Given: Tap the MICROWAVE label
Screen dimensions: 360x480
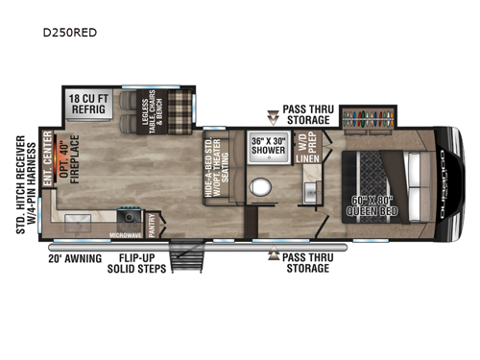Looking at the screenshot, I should (x=124, y=235).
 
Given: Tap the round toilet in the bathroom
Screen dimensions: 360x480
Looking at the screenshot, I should (x=257, y=185).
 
